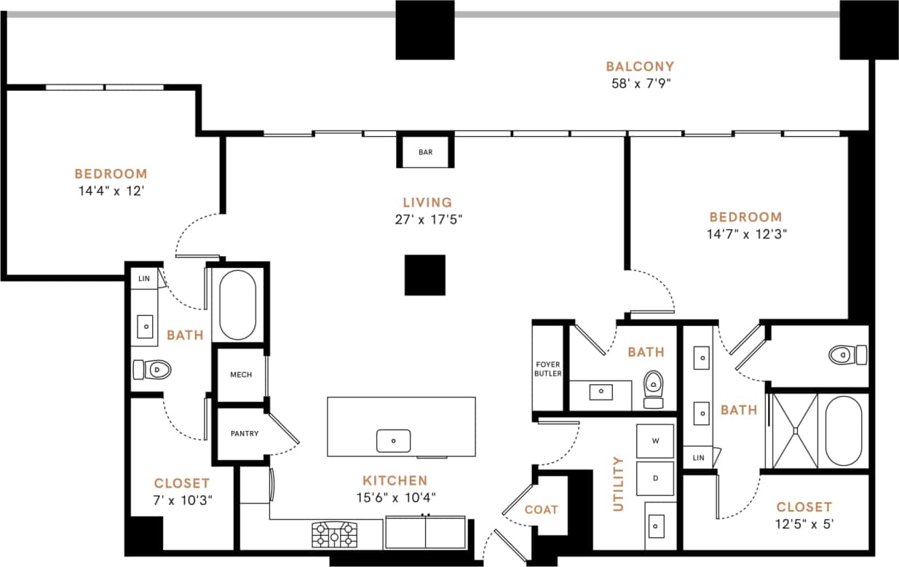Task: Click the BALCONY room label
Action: tap(640, 66)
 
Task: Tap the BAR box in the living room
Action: tap(426, 152)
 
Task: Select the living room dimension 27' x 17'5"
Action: tap(427, 219)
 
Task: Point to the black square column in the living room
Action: tap(424, 275)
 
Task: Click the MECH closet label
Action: tap(241, 375)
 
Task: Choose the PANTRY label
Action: tap(244, 434)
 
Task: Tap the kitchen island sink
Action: tap(393, 440)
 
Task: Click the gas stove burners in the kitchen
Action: tap(334, 535)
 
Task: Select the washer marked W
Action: tap(655, 440)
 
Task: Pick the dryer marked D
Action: tap(655, 478)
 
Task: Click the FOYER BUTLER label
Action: tap(548, 368)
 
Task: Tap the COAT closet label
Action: tap(541, 509)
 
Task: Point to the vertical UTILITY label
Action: tap(619, 483)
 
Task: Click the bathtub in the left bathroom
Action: tap(237, 306)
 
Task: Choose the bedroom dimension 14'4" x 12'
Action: tap(111, 191)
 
